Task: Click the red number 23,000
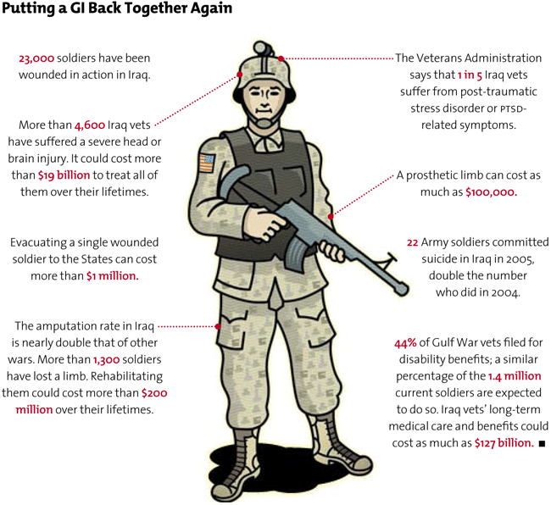pos(36,58)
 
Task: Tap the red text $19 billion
pos(64,175)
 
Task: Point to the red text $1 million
pos(112,276)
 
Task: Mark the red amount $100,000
pos(491,192)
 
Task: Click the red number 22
pos(413,242)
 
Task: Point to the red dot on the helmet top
pos(281,58)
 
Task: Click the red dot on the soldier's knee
pos(219,325)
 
